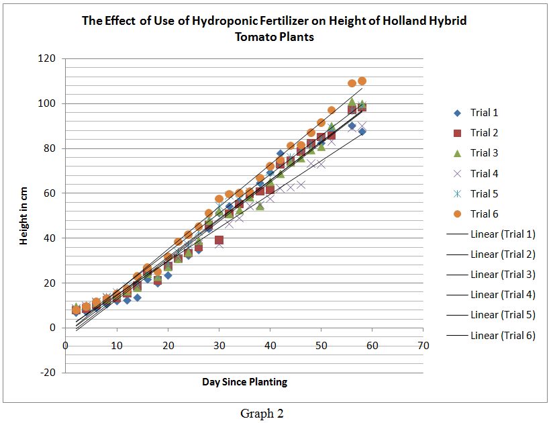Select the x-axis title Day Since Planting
244,382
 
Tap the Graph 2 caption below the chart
262,414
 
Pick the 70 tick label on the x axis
423,346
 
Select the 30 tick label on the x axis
219,346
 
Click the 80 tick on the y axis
48,148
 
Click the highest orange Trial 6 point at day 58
362,81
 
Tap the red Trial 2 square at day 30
219,240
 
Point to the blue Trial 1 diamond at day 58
362,132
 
